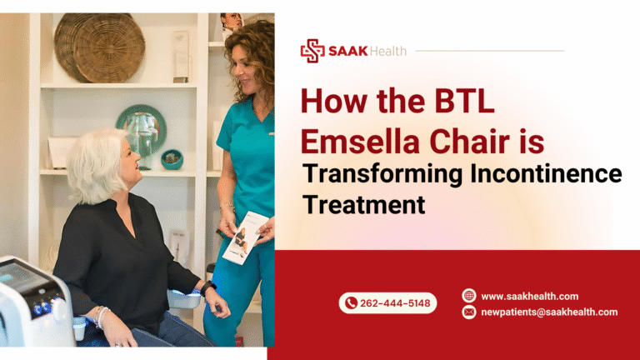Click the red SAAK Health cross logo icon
(x=312, y=50)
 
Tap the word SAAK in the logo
(x=347, y=51)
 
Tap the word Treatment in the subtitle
(x=364, y=204)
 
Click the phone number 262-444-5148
(x=395, y=303)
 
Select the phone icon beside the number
(x=351, y=303)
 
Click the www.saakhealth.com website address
(x=529, y=296)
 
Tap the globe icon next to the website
(x=468, y=296)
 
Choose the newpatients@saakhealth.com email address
(x=549, y=312)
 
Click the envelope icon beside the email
(x=468, y=312)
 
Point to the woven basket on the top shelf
(x=88, y=46)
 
